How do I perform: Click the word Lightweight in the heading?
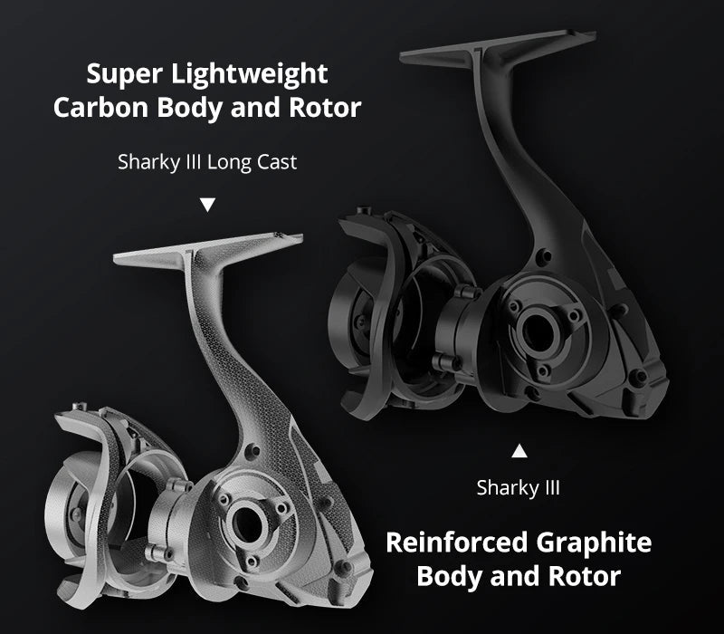point(250,75)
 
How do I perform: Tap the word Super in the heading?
point(125,75)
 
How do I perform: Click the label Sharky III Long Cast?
point(207,162)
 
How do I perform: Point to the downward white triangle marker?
point(208,205)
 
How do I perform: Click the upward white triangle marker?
point(519,451)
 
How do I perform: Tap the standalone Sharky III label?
point(518,488)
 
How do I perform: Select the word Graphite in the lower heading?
point(595,543)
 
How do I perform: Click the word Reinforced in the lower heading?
point(457,543)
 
